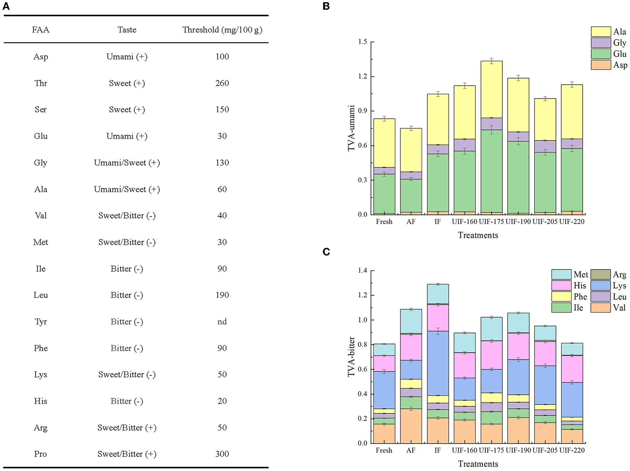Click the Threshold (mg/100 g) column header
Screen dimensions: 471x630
pyautogui.click(x=222, y=30)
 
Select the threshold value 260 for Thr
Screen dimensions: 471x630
pyautogui.click(x=222, y=83)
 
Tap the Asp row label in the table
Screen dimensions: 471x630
pyautogui.click(x=41, y=57)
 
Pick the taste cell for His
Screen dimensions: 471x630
pyautogui.click(x=127, y=401)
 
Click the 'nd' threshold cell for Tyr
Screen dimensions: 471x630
pyautogui.click(x=222, y=322)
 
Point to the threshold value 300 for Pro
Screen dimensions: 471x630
pyautogui.click(x=222, y=454)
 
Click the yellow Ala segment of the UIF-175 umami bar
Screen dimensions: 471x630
pyautogui.click(x=491, y=89)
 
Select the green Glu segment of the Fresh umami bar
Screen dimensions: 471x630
pyautogui.click(x=384, y=194)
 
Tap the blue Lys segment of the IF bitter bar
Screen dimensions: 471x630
pyautogui.click(x=438, y=363)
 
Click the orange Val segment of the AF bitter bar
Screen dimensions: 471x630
pyautogui.click(x=411, y=426)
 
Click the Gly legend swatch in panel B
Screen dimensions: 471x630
pyautogui.click(x=600, y=43)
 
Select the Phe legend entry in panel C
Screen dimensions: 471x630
pyautogui.click(x=569, y=297)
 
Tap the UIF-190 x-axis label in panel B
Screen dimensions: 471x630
pyautogui.click(x=518, y=221)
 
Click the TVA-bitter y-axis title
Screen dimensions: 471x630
pyautogui.click(x=351, y=357)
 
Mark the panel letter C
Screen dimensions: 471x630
pyautogui.click(x=326, y=252)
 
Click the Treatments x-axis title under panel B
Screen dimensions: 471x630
pyautogui.click(x=478, y=235)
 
